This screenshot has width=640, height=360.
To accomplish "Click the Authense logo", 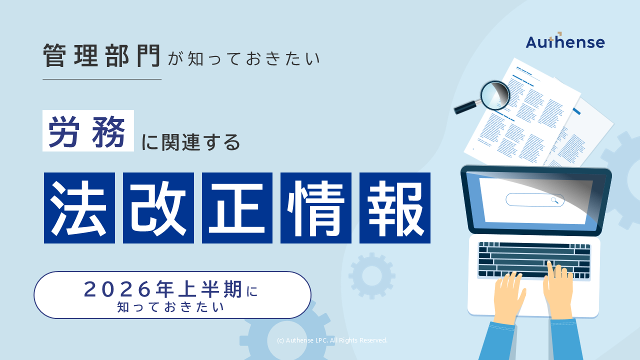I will point(565,41).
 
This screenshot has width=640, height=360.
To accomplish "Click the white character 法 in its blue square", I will point(79,208).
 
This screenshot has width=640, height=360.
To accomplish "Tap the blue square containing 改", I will point(158,208).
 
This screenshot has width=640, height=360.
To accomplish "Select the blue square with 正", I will point(237,208).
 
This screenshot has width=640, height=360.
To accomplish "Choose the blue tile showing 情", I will point(316,208).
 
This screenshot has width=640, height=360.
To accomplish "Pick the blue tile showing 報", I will point(395,208).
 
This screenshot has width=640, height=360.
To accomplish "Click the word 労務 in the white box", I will point(88,131).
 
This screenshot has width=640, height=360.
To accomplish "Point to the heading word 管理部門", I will point(101,55).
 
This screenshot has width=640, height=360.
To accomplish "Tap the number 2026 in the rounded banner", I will point(117,289).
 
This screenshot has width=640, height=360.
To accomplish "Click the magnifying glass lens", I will point(495,95).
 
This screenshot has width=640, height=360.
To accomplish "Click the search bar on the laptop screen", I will point(534,200).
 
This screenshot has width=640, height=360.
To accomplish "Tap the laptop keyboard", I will point(534,259).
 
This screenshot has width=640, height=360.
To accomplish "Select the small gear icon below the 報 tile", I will point(371,275).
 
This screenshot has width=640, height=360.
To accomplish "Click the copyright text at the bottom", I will point(332,340).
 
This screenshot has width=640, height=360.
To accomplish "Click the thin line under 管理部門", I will point(102,79).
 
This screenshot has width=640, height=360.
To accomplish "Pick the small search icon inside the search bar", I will point(554,200).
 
